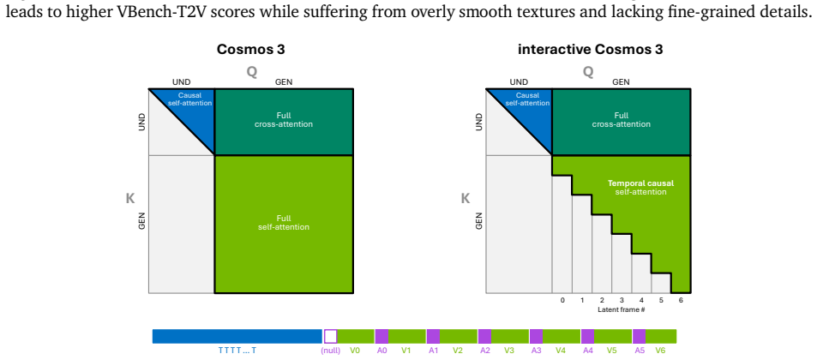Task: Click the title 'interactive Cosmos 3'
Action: pos(591,50)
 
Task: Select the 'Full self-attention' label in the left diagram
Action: pos(284,223)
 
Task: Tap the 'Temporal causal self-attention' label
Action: pos(641,188)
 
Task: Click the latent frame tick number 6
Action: pos(681,300)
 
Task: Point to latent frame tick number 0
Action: pos(562,300)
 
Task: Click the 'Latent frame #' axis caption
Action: pos(622,310)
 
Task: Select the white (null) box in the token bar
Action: pos(330,336)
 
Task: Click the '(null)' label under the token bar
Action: pos(330,351)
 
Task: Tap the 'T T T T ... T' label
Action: pos(237,351)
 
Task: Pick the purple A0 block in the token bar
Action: pos(381,336)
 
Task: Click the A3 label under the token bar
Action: pos(536,351)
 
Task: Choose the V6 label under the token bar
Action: pos(661,351)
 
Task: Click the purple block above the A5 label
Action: pos(639,336)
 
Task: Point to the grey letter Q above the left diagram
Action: pos(252,72)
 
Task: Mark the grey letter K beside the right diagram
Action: pos(466,199)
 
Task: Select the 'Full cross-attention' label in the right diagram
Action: pos(621,120)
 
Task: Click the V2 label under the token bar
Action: pos(458,351)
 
